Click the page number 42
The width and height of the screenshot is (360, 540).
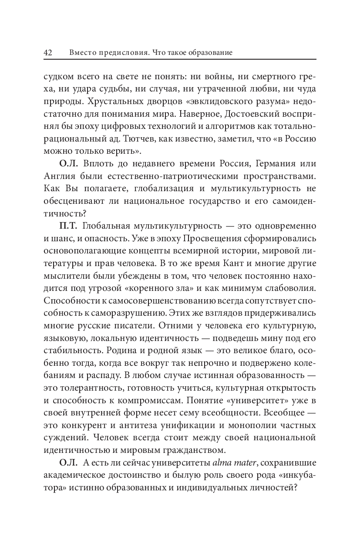coord(48,53)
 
